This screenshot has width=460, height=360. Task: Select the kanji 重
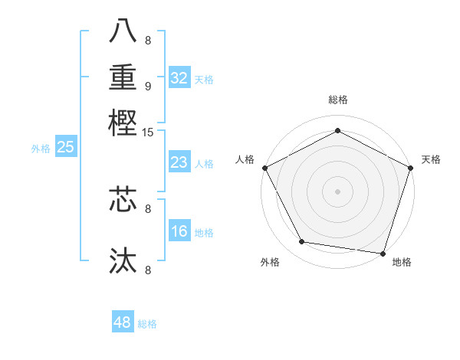[x=123, y=77]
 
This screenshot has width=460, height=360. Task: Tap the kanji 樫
[x=123, y=123]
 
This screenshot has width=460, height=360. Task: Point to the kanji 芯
[x=123, y=199]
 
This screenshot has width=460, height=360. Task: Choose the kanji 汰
[x=123, y=260]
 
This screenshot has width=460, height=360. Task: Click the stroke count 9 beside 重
[x=148, y=86]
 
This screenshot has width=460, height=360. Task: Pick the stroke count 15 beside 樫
[x=148, y=133]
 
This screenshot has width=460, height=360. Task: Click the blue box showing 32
[x=179, y=78]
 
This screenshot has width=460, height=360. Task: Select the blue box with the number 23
[x=179, y=162]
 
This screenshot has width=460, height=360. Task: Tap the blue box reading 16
[x=179, y=231]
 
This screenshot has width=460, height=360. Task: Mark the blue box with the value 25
[x=65, y=147]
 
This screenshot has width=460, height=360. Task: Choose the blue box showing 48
[x=122, y=322]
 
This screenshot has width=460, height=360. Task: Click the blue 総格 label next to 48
[x=147, y=324]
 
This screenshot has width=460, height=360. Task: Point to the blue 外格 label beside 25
[x=41, y=149]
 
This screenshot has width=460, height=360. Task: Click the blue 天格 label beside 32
[x=204, y=80]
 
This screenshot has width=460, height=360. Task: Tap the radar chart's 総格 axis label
[x=338, y=100]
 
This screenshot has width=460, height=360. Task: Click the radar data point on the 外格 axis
[x=302, y=242]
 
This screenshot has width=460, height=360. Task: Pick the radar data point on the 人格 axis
[x=265, y=167]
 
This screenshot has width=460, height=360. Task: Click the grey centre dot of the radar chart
[x=338, y=191]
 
